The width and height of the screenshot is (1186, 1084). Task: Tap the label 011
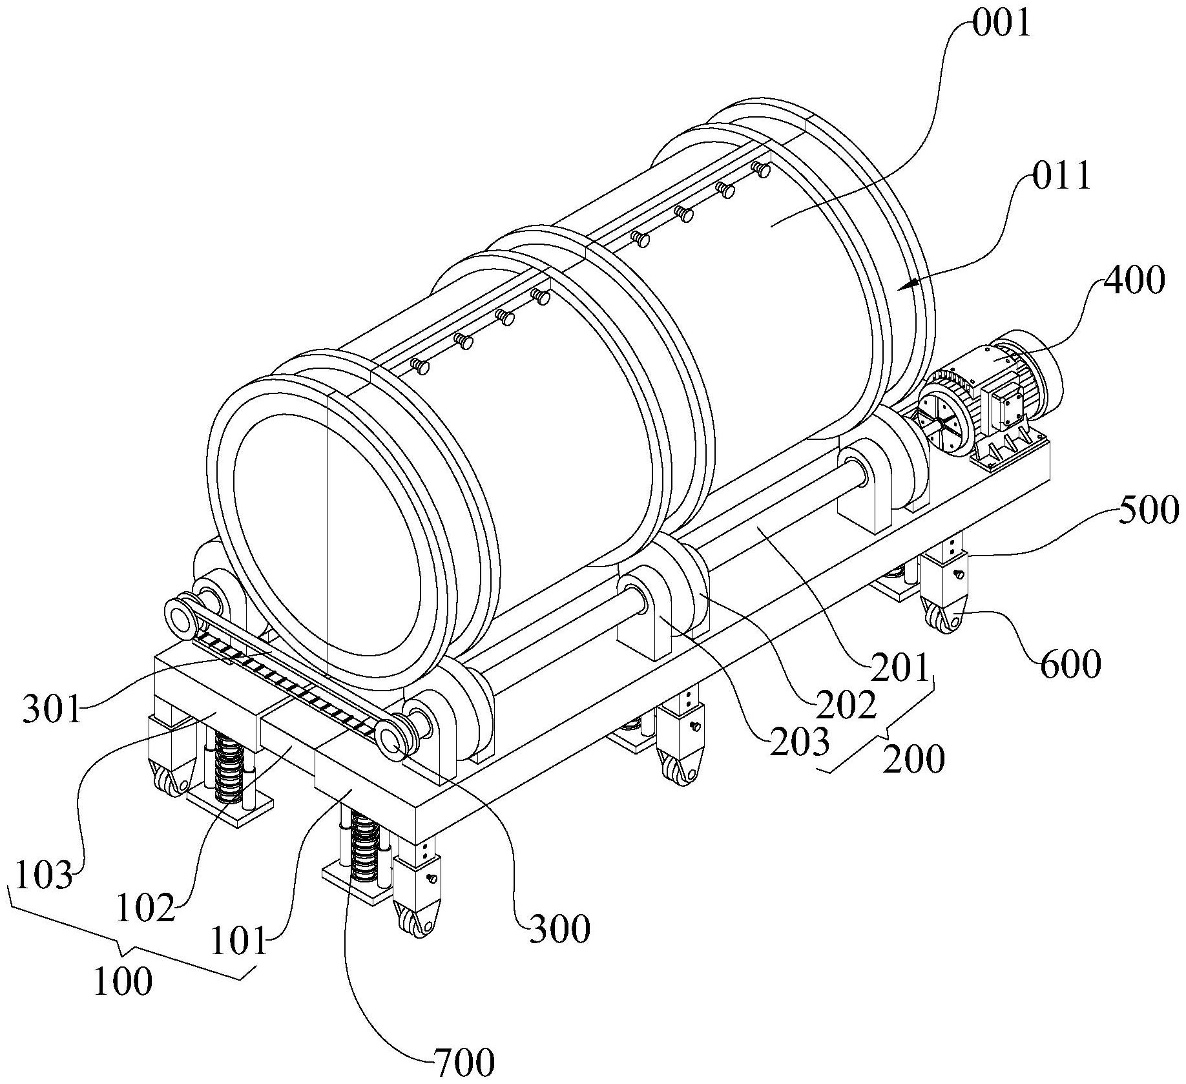tap(1061, 176)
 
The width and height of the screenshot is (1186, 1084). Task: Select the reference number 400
tap(1134, 280)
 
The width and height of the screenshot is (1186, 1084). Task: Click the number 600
tap(1070, 664)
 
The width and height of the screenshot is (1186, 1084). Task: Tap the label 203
tap(800, 742)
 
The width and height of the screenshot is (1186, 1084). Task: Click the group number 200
tap(913, 759)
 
